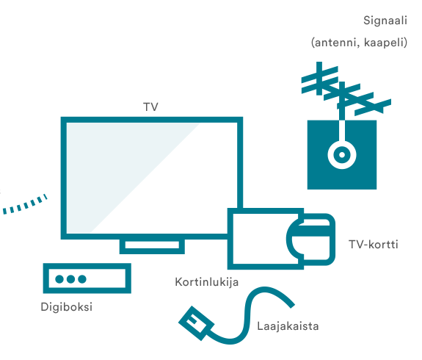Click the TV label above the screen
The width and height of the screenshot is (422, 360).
coord(150,107)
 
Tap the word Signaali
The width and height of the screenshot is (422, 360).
coord(385,21)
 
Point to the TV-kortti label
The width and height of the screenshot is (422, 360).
coord(374,245)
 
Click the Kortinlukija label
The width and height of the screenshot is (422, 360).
coord(207,282)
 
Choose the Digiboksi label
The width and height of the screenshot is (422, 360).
coord(67,307)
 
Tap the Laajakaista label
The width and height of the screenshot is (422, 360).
coord(288,326)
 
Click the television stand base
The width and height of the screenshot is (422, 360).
coord(152,245)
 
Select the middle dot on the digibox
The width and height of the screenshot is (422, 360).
coord(70,279)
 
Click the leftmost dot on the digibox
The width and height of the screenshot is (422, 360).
coord(59,279)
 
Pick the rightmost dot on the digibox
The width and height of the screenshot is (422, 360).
coord(82,279)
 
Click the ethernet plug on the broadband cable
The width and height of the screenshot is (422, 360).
coord(197,323)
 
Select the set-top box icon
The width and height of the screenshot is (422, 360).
coord(87,278)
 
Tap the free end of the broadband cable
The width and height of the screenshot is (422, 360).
coord(292,306)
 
